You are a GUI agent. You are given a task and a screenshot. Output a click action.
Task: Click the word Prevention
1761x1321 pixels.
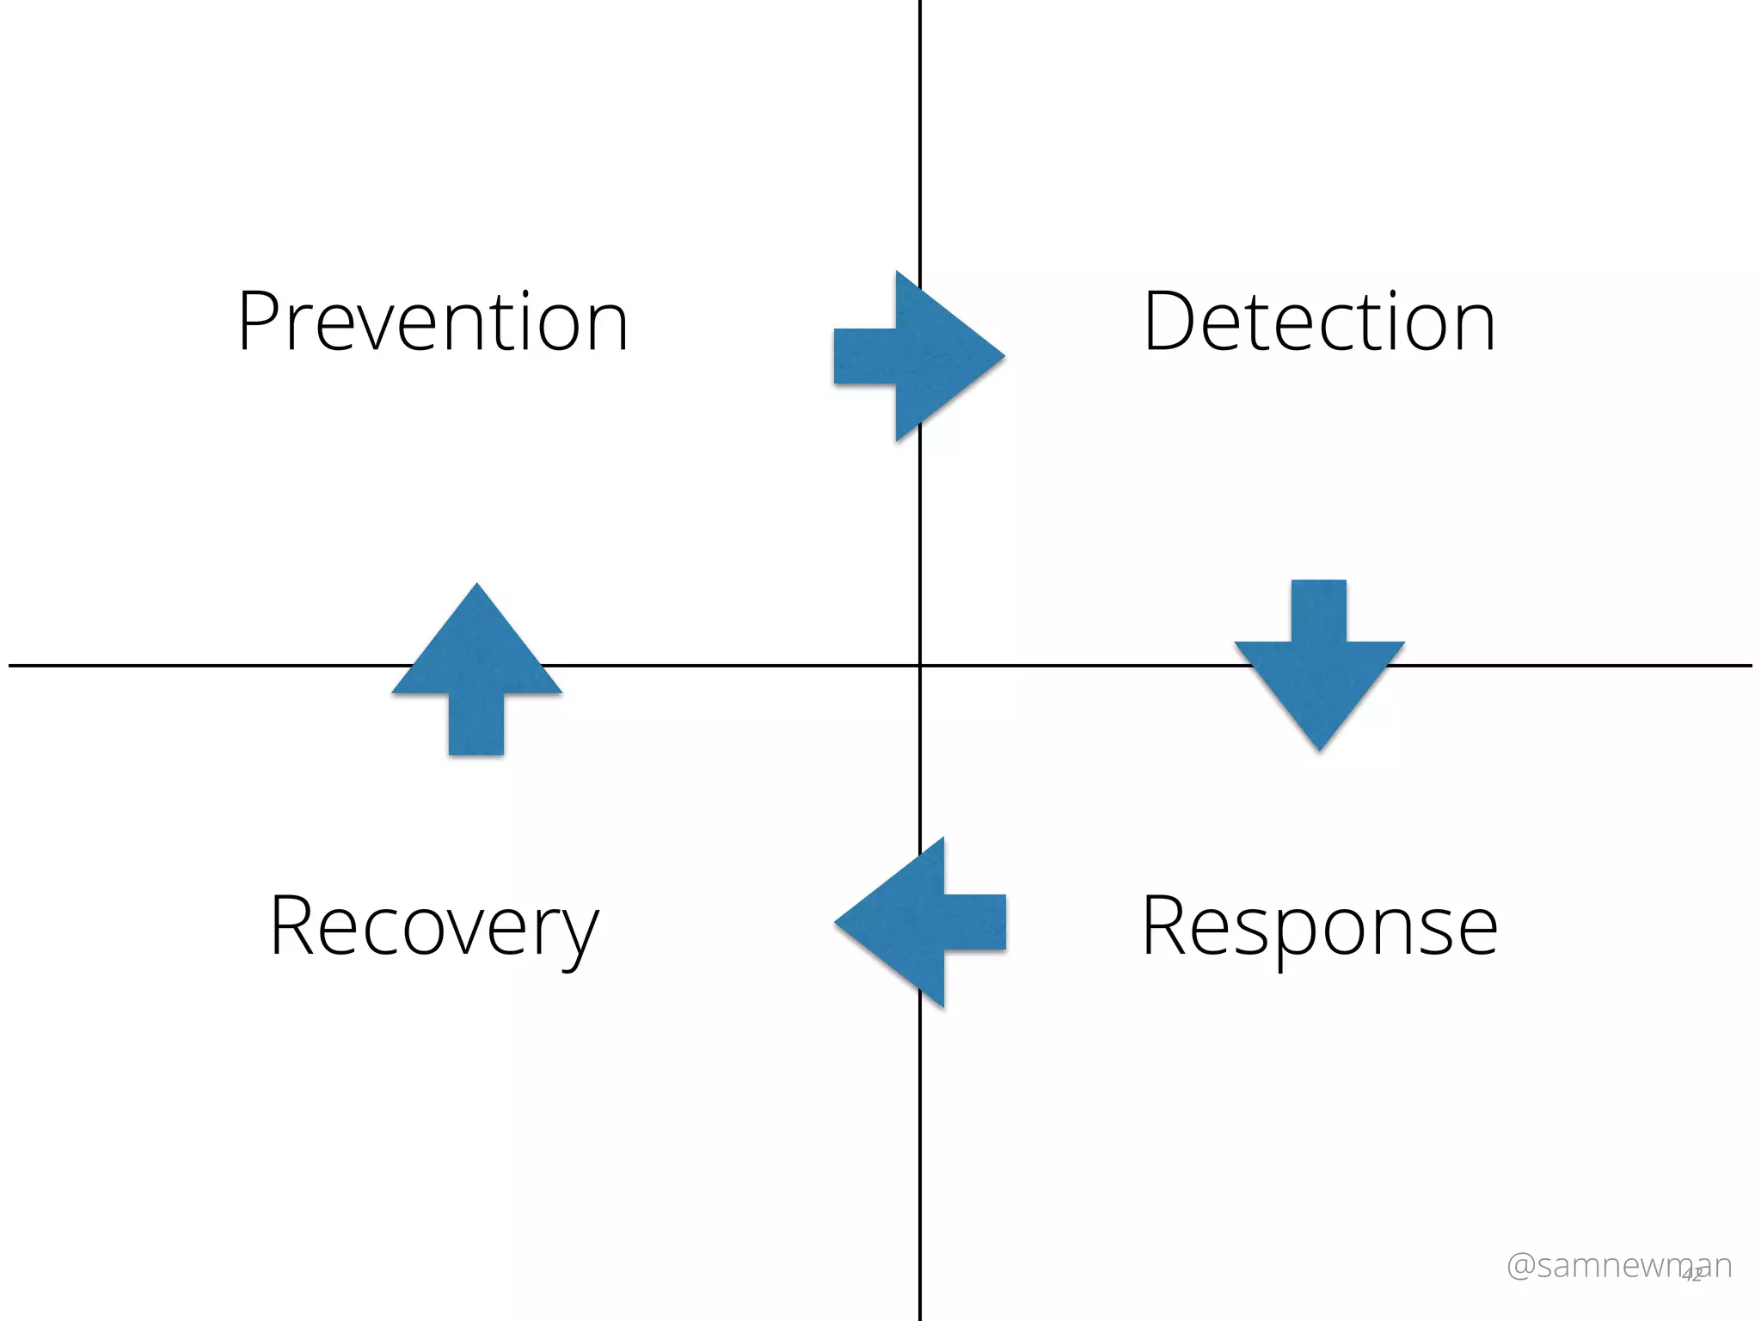point(433,323)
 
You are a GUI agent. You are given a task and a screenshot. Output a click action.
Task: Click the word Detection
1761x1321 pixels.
point(1319,323)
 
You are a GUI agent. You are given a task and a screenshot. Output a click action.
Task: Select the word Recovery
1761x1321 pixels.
point(433,927)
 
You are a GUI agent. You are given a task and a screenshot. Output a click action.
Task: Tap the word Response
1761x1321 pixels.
point(1319,927)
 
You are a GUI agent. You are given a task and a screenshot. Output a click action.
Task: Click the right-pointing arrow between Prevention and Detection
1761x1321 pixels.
point(920,355)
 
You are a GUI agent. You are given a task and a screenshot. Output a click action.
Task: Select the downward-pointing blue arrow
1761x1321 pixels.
point(1319,667)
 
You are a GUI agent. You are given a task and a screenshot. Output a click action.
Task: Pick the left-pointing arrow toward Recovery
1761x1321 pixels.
point(920,922)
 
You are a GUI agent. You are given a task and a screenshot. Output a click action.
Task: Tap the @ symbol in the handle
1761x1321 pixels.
point(1521,1266)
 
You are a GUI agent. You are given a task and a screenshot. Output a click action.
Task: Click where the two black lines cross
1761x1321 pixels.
point(920,665)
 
